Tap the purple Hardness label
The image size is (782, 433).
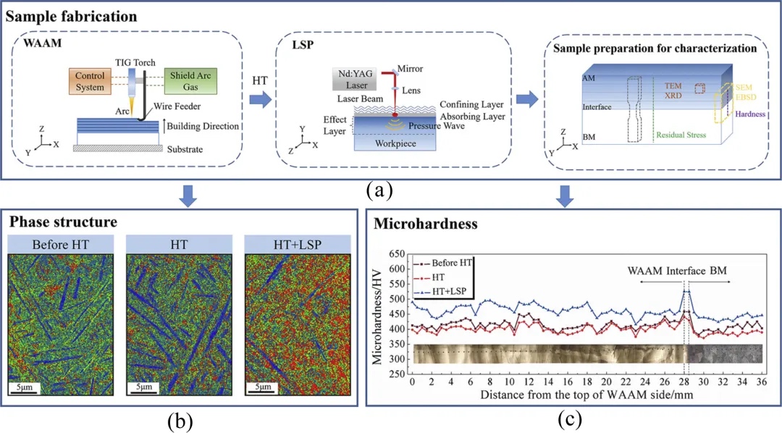751,114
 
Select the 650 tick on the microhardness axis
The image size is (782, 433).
395,255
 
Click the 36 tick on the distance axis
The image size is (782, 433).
760,381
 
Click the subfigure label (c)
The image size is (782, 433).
568,419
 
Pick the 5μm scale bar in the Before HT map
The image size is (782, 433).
24,387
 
